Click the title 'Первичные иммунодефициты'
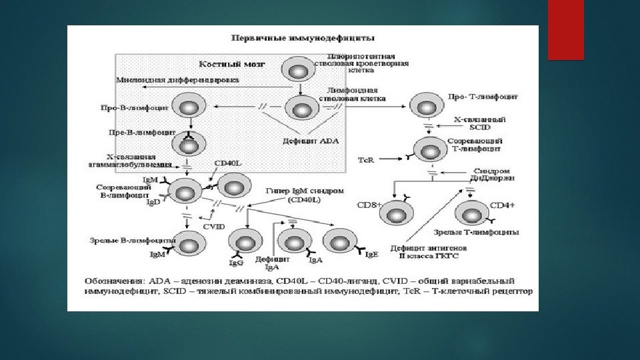coord(302,39)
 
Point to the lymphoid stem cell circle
coord(302,107)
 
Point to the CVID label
coord(215,227)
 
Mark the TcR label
coord(366,161)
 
